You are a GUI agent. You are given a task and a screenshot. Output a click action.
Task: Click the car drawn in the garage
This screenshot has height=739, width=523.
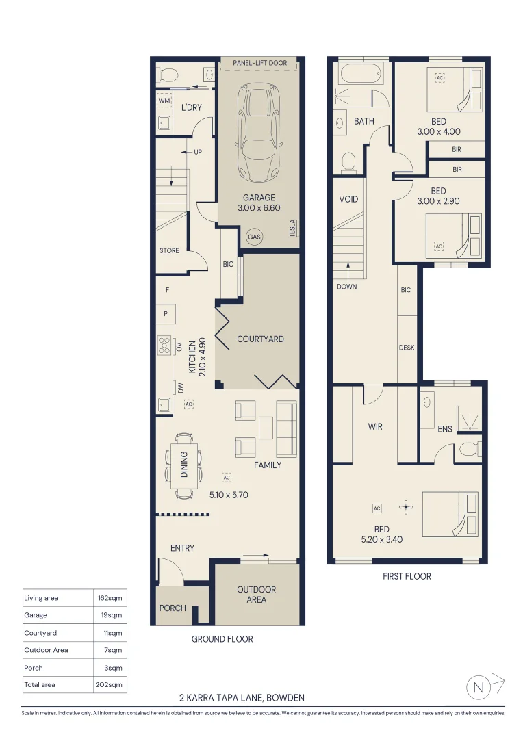point(258,133)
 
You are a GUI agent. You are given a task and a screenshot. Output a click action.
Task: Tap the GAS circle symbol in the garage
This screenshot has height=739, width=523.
point(254,237)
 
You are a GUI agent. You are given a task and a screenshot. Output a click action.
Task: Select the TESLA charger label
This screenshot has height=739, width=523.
point(292,228)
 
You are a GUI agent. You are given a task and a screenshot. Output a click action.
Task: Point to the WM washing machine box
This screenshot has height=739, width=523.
point(164,101)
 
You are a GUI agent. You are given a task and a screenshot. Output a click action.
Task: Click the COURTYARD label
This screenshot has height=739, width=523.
point(260,339)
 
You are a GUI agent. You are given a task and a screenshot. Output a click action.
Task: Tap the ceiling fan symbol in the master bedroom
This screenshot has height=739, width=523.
point(407,507)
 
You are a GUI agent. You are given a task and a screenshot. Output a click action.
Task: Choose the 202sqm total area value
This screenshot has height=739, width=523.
point(110,684)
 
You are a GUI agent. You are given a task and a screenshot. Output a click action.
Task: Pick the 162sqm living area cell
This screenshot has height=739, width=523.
point(110,598)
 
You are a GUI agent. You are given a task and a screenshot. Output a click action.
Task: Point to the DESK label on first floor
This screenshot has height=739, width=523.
point(407,348)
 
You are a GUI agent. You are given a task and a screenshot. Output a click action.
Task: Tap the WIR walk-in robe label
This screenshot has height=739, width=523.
point(375,427)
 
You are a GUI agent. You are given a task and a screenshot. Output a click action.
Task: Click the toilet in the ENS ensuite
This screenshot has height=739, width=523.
point(470,450)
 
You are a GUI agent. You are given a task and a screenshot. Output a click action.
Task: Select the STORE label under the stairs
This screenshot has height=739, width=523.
point(169,251)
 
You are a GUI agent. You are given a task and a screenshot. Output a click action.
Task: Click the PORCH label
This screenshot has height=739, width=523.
point(173,608)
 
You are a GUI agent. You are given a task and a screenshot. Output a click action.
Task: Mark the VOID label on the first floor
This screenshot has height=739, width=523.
point(348,200)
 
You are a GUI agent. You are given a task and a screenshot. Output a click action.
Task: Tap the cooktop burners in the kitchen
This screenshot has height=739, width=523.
point(164,346)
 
